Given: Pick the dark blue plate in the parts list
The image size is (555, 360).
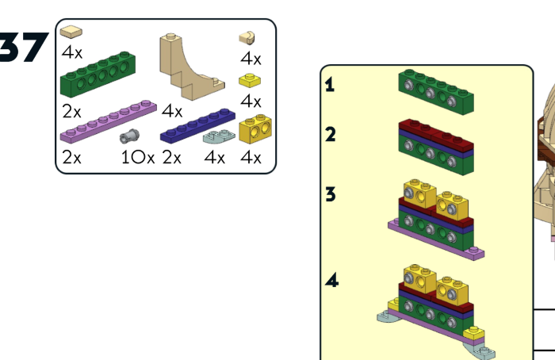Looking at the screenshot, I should click(x=197, y=126).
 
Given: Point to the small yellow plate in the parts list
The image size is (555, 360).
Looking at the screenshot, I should click(x=251, y=81).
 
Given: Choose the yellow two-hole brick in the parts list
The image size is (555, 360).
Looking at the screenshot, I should click(x=255, y=128).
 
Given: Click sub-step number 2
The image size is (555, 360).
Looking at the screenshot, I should click(x=330, y=135).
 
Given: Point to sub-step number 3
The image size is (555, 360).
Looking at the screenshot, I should click(x=330, y=193).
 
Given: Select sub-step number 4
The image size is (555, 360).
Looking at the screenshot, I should click(x=330, y=280).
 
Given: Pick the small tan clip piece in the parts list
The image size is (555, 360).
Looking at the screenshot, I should click(x=248, y=36).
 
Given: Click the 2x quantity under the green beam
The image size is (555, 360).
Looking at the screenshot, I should click(x=71, y=105).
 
